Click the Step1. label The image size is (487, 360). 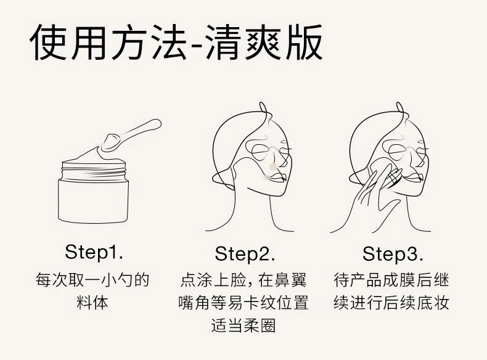tap(94, 252)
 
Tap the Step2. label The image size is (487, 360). tap(245, 253)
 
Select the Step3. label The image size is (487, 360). tap(393, 253)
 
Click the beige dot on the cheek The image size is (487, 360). tap(273, 166)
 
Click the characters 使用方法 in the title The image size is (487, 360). tap(107, 43)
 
